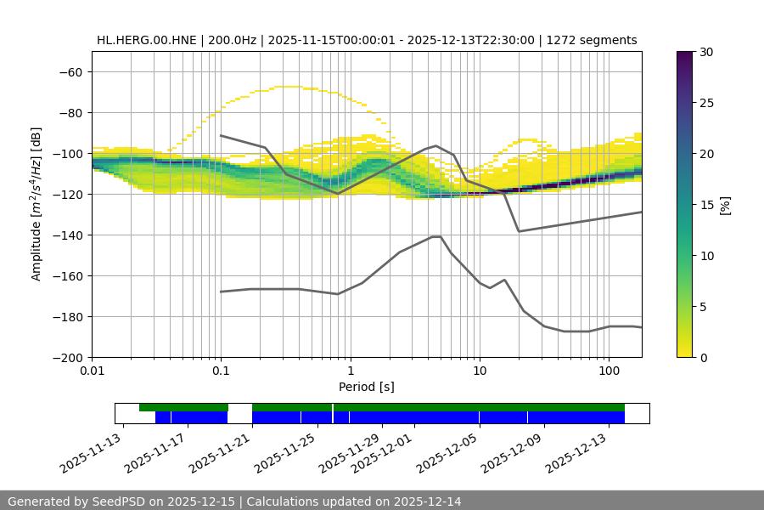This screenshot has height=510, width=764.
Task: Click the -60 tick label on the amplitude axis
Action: tap(69, 71)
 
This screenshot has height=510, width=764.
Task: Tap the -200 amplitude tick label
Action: tap(69, 357)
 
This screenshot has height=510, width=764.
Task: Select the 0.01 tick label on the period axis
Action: tap(92, 371)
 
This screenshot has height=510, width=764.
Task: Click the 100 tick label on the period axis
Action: tap(609, 371)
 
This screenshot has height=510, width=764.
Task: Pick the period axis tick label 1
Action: tap(350, 371)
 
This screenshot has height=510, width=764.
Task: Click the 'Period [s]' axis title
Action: tap(366, 387)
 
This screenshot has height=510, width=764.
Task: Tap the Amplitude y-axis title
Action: tap(37, 204)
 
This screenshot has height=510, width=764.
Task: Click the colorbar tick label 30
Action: tap(705, 52)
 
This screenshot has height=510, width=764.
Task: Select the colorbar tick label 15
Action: tap(705, 205)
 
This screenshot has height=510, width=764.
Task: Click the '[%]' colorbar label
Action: tap(725, 205)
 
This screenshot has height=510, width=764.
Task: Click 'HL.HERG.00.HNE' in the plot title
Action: tap(147, 40)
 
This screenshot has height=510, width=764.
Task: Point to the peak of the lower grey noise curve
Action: tap(436, 236)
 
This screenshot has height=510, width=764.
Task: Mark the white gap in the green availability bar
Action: tap(240, 407)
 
